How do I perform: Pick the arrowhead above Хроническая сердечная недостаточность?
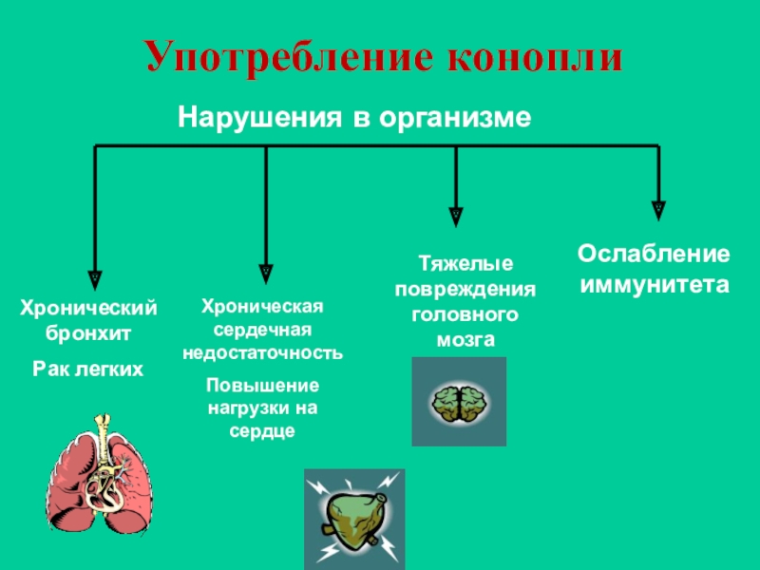pyautogui.click(x=266, y=272)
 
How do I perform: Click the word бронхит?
pyautogui.click(x=89, y=334)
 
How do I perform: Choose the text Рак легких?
pyautogui.click(x=89, y=369)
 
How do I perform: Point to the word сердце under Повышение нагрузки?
pyautogui.click(x=263, y=429)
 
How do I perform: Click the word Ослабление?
pyautogui.click(x=655, y=255)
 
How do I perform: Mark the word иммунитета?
pyautogui.click(x=655, y=284)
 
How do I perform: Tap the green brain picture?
pyautogui.click(x=459, y=402)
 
